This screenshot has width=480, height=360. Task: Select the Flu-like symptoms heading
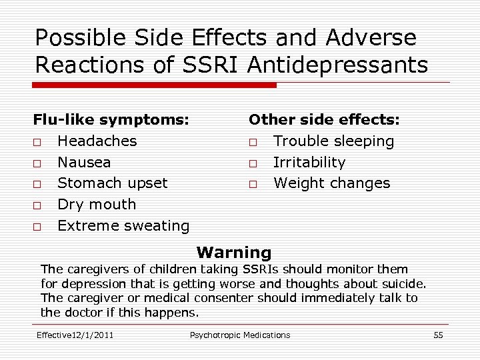[x=111, y=120]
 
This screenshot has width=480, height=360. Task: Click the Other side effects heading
[x=324, y=120]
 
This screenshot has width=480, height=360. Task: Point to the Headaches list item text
[x=97, y=141]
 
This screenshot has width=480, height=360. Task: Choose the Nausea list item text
[x=85, y=163]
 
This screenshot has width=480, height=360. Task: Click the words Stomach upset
[x=113, y=183]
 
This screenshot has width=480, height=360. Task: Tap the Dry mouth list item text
[x=97, y=205]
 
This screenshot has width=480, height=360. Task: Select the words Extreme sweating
[x=123, y=226]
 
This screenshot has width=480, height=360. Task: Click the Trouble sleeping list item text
[x=334, y=141]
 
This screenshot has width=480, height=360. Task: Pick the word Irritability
[x=309, y=163]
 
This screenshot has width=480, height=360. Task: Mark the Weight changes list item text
[x=332, y=183]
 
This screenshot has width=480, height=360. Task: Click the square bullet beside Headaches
[x=37, y=142]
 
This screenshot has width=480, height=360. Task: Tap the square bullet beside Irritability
[x=253, y=163]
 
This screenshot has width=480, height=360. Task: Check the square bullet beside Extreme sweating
[x=37, y=227]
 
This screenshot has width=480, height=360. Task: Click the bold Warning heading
[x=234, y=253]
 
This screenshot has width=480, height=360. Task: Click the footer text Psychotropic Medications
[x=240, y=335]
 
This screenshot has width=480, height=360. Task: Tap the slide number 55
[x=438, y=335]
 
